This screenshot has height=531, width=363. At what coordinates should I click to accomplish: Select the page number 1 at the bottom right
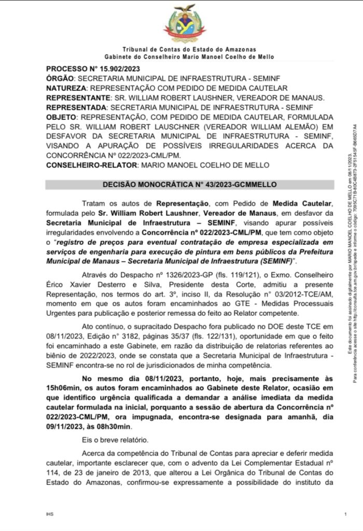pos(345,514)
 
